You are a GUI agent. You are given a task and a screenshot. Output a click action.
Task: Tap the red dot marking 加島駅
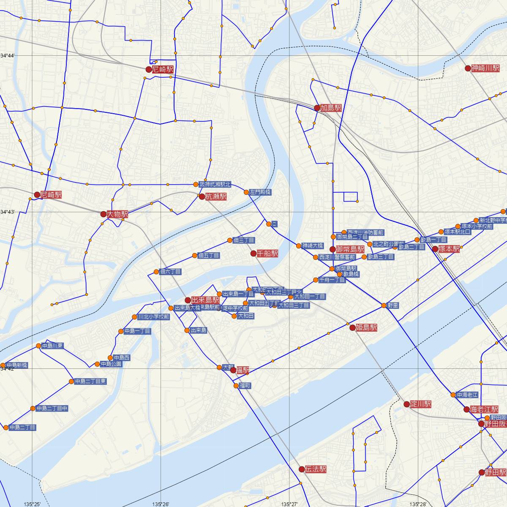tap(317, 108)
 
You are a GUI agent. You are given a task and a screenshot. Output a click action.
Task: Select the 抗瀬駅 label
tap(216, 196)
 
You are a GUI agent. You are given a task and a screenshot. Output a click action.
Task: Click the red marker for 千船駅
tap(253, 253)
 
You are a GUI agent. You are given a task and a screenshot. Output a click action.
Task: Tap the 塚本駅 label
tap(449, 249)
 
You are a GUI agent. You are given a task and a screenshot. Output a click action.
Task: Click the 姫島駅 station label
tap(366, 327)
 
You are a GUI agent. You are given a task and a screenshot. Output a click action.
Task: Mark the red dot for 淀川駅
tap(406, 404)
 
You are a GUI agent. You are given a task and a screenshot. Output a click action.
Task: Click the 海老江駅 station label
tap(484, 409)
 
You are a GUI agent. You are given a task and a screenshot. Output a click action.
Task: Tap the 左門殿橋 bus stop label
tap(260, 192)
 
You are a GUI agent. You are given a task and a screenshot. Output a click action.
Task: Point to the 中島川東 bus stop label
tap(53, 346)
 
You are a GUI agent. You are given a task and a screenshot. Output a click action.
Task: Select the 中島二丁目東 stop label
tap(90, 382)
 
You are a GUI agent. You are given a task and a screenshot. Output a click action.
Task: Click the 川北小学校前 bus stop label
tap(154, 316)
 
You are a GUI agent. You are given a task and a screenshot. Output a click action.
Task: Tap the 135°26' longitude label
tap(161, 504)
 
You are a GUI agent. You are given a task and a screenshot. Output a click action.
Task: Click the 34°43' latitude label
tap(8, 212)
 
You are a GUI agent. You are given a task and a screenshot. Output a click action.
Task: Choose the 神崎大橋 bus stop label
tap(313, 245)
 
